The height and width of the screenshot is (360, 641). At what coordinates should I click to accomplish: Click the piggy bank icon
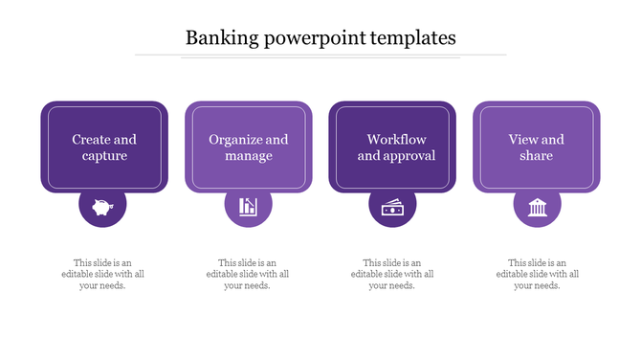pyautogui.click(x=103, y=205)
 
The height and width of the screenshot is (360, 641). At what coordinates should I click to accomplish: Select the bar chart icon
pyautogui.click(x=248, y=205)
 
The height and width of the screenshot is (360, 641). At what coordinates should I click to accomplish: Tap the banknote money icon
pyautogui.click(x=392, y=206)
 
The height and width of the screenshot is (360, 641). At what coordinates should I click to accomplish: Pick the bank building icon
pyautogui.click(x=537, y=205)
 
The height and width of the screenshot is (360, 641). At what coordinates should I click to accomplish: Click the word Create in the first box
pyautogui.click(x=91, y=140)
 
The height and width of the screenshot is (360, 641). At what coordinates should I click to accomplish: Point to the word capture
pyautogui.click(x=104, y=156)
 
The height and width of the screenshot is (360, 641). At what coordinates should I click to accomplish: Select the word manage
pyautogui.click(x=249, y=156)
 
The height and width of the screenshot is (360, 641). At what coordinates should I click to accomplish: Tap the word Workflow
pyautogui.click(x=396, y=140)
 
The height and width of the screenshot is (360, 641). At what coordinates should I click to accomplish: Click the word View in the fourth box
pyautogui.click(x=522, y=140)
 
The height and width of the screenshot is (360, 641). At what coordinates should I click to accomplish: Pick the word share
pyautogui.click(x=537, y=156)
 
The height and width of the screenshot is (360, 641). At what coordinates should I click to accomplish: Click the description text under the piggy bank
pyautogui.click(x=103, y=275)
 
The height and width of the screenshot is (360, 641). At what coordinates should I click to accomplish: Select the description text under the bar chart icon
pyautogui.click(x=248, y=275)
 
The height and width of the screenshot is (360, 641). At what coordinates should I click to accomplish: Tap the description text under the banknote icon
pyautogui.click(x=392, y=275)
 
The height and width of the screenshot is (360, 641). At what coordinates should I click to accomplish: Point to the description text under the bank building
pyautogui.click(x=537, y=275)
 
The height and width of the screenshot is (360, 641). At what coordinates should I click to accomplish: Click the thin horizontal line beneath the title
pyautogui.click(x=320, y=56)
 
